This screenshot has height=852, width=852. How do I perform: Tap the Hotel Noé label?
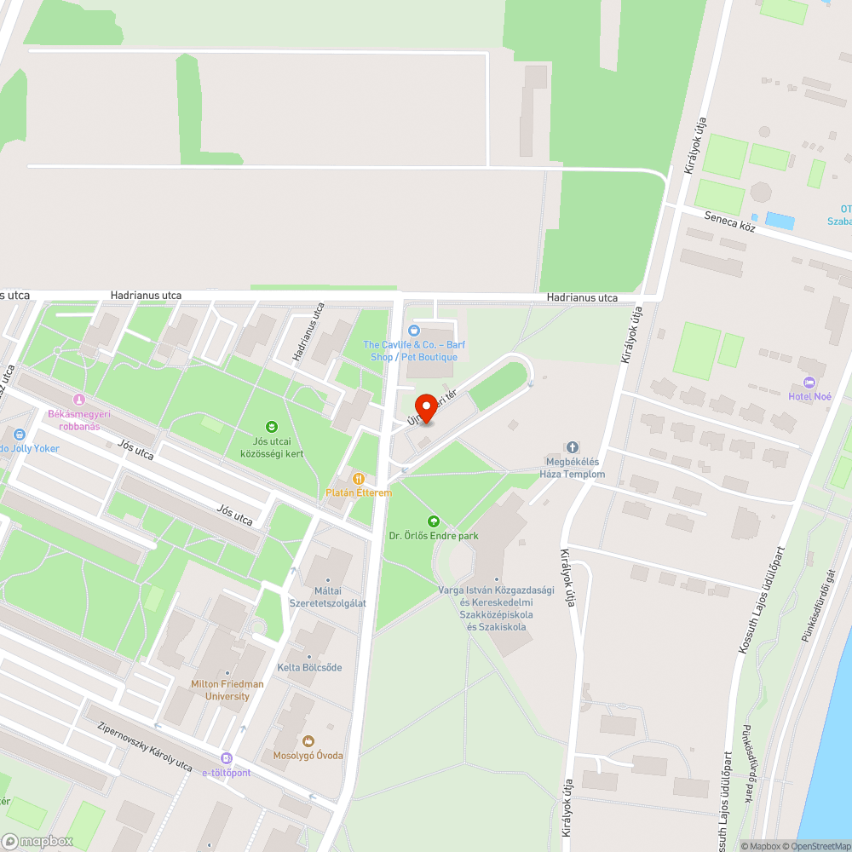809,396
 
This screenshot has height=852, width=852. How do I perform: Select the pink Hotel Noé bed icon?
809,383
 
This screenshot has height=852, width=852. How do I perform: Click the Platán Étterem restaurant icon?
359,479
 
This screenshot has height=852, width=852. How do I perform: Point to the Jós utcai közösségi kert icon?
272,426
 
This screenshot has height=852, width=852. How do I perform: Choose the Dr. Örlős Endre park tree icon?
434,521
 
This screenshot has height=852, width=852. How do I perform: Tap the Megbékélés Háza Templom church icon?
573,447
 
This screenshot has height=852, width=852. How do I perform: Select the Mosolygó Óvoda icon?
308,741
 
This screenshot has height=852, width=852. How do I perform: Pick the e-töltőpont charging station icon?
226,758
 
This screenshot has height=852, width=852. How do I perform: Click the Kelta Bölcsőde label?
309,667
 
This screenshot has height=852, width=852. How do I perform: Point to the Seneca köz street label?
730,222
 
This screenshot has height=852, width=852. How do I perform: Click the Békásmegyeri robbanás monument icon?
79,399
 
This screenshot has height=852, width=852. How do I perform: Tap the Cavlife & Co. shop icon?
415,330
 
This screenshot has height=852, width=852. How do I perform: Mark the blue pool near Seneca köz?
780,221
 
